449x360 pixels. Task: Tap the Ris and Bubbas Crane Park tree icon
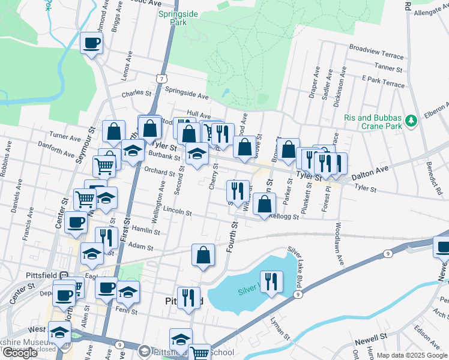(x=411, y=121)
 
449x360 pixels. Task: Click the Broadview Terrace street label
(x=376, y=52)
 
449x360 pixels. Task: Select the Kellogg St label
(x=284, y=217)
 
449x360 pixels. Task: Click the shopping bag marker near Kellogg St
(x=264, y=204)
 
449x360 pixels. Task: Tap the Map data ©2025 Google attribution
(x=411, y=355)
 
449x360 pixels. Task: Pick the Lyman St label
(x=280, y=328)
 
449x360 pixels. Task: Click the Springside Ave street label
(x=186, y=96)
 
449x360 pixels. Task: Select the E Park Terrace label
(x=383, y=81)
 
